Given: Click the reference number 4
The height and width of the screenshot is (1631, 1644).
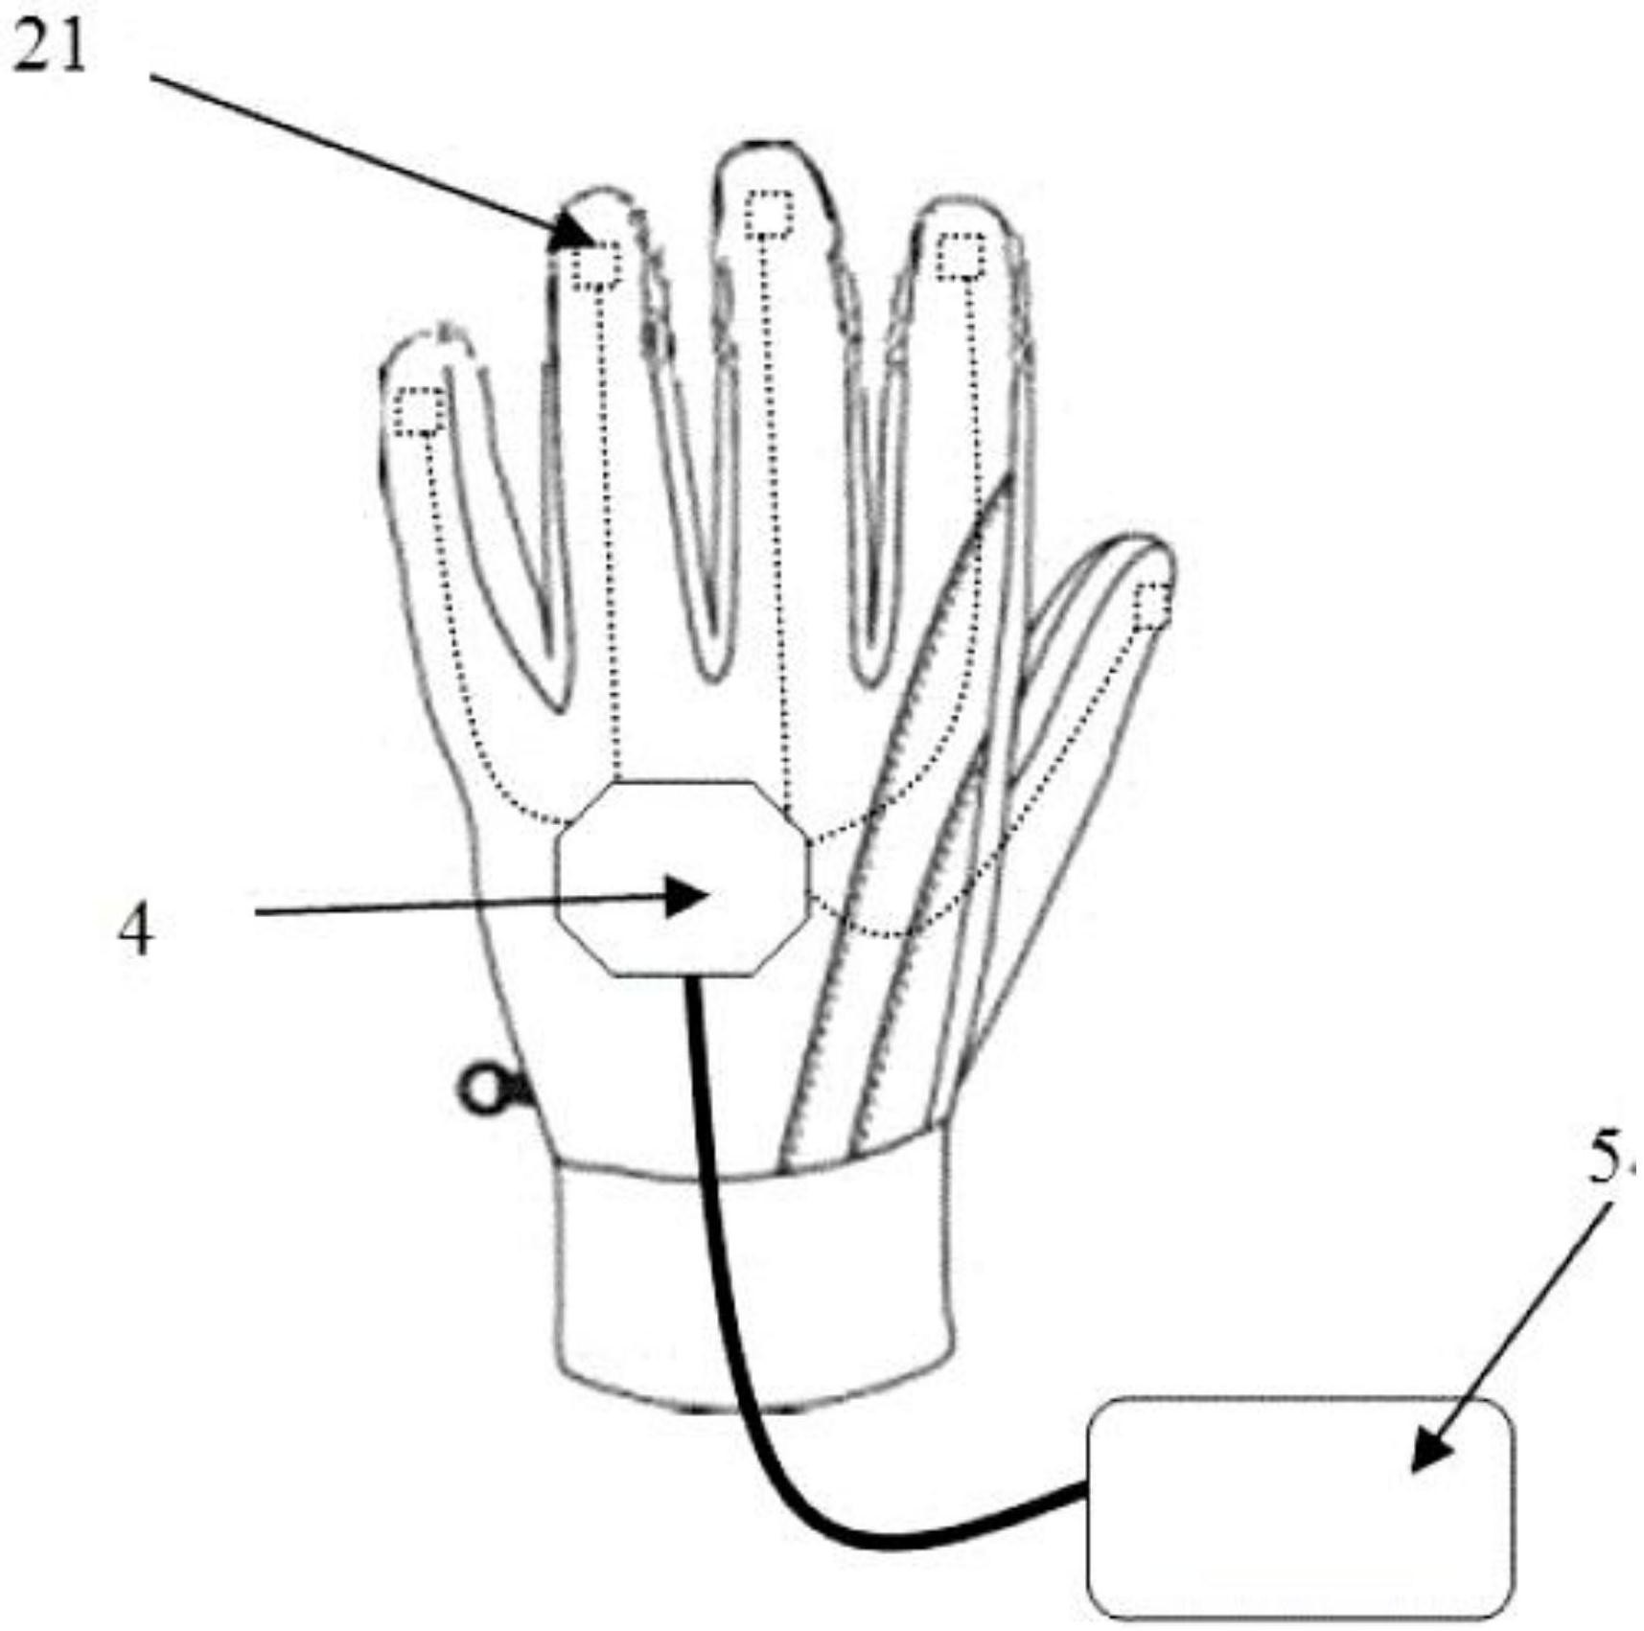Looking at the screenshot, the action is pyautogui.click(x=135, y=930).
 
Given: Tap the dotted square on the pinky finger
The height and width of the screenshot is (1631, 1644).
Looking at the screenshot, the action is pyautogui.click(x=420, y=412).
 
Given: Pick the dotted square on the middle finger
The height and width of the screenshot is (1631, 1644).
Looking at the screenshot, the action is pyautogui.click(x=770, y=214).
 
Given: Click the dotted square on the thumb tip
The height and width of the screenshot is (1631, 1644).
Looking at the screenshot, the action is pyautogui.click(x=1152, y=606).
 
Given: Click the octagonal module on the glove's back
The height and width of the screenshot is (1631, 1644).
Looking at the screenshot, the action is pyautogui.click(x=683, y=878).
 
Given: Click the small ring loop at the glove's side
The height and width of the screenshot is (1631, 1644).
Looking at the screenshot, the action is pyautogui.click(x=483, y=1091).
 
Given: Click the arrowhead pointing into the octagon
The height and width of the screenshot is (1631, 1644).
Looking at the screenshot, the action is pyautogui.click(x=690, y=897).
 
